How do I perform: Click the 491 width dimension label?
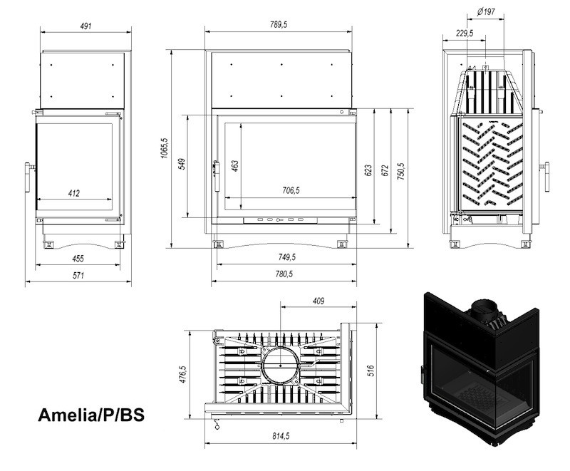click(85, 26)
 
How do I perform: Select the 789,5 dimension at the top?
click(279, 25)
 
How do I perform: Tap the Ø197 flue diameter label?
click(486, 12)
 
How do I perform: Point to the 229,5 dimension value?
click(465, 33)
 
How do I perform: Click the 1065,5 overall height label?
click(165, 147)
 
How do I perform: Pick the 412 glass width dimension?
click(74, 193)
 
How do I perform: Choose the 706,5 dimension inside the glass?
click(291, 190)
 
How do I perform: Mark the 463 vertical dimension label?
click(235, 166)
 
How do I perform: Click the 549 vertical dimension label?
click(182, 164)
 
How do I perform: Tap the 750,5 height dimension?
click(400, 172)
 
